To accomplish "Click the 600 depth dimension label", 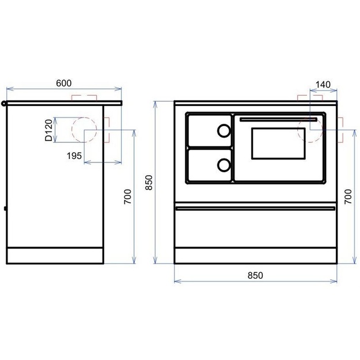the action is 64,83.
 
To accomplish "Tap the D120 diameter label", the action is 49,130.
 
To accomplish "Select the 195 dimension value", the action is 74,156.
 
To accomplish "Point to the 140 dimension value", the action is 323,85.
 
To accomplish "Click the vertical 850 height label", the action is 149,183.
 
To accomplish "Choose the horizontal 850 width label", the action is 255,275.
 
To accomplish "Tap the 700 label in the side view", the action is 127,196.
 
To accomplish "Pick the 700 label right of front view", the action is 348,196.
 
